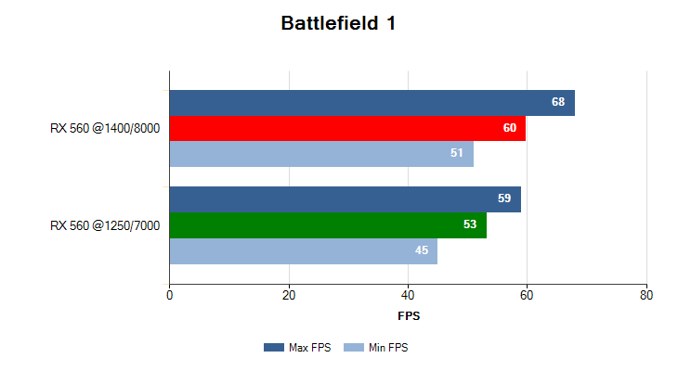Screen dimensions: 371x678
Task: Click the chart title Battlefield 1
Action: [x=338, y=24]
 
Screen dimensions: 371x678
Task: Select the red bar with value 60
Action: [x=347, y=128]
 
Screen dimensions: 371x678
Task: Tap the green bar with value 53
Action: [x=328, y=225]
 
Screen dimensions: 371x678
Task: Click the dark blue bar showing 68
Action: [x=372, y=102]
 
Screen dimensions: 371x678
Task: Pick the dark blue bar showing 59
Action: [x=345, y=198]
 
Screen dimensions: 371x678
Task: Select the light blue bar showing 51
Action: [x=321, y=153]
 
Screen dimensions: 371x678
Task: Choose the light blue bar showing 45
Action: [x=303, y=250]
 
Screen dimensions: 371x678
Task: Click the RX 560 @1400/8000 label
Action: [x=105, y=128]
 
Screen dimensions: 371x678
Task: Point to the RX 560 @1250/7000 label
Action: [x=105, y=225]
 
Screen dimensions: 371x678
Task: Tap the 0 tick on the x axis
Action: [x=169, y=296]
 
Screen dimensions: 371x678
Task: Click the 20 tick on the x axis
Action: [x=289, y=296]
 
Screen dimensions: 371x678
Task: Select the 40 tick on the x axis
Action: [x=408, y=296]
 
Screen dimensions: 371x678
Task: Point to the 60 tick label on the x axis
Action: [x=528, y=296]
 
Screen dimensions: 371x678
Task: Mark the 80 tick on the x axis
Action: [x=646, y=296]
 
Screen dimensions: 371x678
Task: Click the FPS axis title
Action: [x=409, y=316]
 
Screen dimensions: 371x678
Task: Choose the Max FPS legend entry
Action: [x=297, y=348]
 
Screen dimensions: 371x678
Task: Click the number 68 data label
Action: [x=558, y=102]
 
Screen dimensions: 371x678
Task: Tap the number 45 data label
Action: [x=422, y=250]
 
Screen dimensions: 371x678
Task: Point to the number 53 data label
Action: [x=470, y=225]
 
